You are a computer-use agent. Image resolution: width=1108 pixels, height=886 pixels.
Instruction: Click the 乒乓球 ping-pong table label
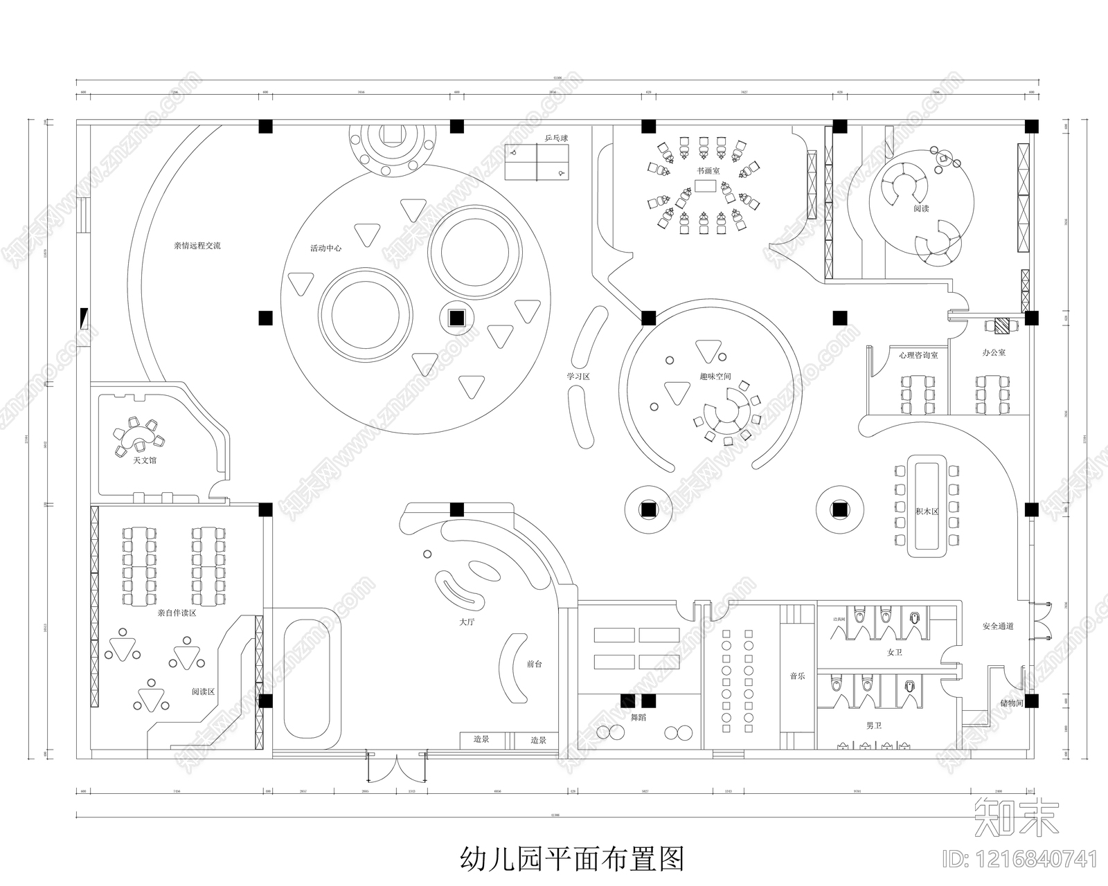555,138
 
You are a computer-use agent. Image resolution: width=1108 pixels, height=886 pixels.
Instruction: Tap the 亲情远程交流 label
197,246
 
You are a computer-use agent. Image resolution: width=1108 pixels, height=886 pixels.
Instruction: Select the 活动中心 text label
325,248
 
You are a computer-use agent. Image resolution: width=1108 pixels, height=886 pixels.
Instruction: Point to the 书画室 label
708,170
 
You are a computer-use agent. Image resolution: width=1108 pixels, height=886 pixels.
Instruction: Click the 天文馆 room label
145,460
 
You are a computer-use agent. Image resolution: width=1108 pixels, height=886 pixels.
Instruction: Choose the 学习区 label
578,377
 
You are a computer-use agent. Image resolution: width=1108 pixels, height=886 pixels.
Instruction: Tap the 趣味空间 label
715,377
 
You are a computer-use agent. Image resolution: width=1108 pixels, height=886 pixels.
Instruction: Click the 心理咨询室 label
918,355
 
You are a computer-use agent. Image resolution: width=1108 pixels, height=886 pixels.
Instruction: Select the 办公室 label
994,352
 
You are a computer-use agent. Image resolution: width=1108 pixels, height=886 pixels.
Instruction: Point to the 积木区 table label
926,512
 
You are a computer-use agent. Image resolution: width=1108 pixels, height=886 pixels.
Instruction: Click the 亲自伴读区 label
177,613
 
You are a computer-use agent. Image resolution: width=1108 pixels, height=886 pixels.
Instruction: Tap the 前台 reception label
534,664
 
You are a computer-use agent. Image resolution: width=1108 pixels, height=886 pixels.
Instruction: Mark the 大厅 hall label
467,622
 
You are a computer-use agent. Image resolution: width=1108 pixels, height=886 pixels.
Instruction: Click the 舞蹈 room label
638,717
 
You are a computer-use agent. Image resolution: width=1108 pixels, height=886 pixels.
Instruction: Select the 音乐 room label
797,676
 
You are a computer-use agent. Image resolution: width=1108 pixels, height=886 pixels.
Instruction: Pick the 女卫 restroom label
894,652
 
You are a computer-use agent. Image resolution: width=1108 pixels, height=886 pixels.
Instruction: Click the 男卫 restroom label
874,725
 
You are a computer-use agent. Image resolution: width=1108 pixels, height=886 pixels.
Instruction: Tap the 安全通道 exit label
998,626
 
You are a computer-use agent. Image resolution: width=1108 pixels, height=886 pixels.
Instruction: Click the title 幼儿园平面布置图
572,858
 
